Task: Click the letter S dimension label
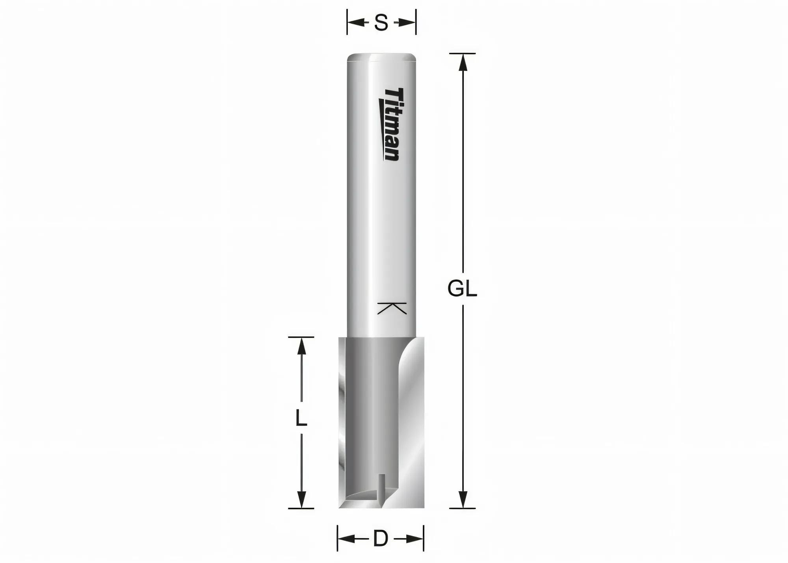(x=381, y=23)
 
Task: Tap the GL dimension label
(x=462, y=289)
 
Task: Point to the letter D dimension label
(x=381, y=539)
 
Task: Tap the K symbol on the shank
(x=392, y=308)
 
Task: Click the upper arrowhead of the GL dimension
(x=463, y=62)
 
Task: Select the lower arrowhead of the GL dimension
(x=463, y=500)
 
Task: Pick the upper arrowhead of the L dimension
(x=301, y=346)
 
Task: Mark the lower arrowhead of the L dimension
(x=301, y=500)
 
